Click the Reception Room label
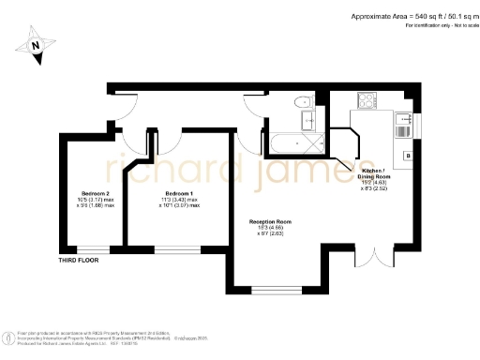[269, 220]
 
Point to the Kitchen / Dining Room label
[374, 173]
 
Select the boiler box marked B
[407, 155]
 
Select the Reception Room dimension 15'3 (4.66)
[269, 228]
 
